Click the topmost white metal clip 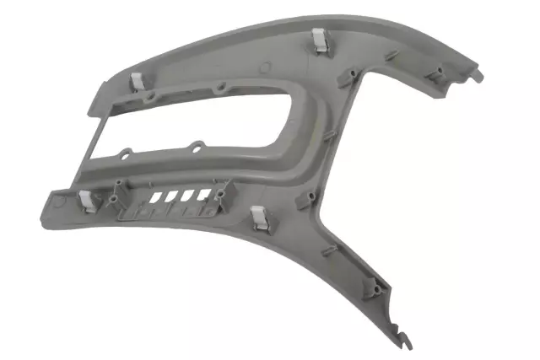point(320,40)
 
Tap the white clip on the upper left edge point(136,82)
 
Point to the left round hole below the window point(126,154)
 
